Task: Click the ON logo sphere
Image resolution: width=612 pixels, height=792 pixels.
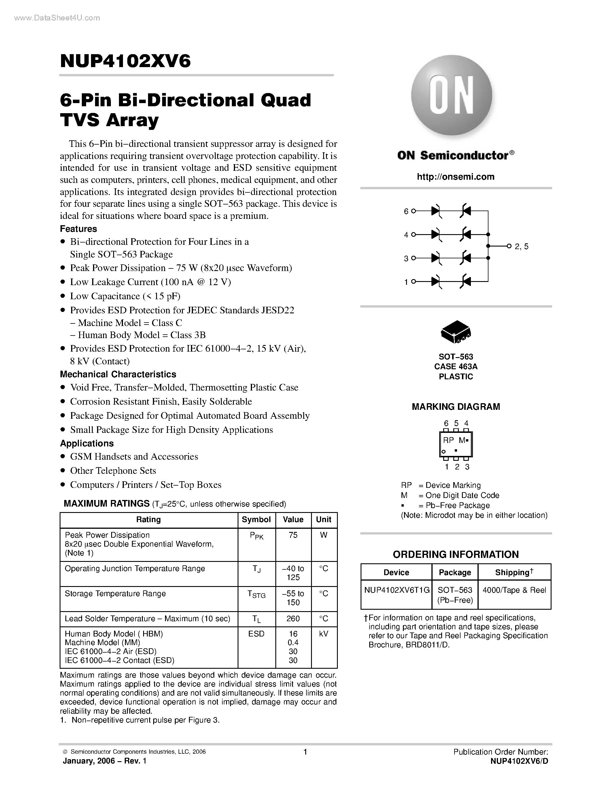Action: [x=451, y=95]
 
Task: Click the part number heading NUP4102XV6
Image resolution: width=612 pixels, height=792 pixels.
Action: [x=125, y=61]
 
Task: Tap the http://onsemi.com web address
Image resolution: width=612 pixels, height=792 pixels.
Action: [x=455, y=177]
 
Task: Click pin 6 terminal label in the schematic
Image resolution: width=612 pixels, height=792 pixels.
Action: [x=406, y=211]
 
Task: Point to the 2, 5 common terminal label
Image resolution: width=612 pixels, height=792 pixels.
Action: [x=521, y=247]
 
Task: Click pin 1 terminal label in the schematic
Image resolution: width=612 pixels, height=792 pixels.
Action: [x=406, y=282]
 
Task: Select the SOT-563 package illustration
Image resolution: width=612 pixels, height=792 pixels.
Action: [x=456, y=331]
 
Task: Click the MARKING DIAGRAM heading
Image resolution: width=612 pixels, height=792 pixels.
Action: [x=456, y=407]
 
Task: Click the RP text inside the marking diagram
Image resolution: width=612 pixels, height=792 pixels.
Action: [x=448, y=440]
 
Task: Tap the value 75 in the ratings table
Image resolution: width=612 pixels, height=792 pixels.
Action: [x=293, y=535]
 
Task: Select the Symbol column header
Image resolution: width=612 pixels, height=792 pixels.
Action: [x=256, y=519]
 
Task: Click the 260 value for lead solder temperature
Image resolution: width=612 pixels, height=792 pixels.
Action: [x=293, y=618]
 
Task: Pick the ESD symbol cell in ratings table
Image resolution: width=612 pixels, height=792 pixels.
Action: [x=256, y=634]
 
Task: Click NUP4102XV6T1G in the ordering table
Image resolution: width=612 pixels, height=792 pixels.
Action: [x=397, y=590]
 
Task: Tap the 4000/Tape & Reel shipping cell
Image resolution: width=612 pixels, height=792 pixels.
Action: [x=514, y=590]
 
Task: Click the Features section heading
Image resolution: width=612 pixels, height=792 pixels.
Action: [x=78, y=229]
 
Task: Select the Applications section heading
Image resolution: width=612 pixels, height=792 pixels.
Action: [x=87, y=443]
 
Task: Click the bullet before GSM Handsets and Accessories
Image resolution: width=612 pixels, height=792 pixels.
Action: [x=63, y=456]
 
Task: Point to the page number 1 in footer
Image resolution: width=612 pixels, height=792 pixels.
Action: [x=305, y=752]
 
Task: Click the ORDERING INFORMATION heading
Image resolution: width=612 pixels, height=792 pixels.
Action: [x=456, y=554]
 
